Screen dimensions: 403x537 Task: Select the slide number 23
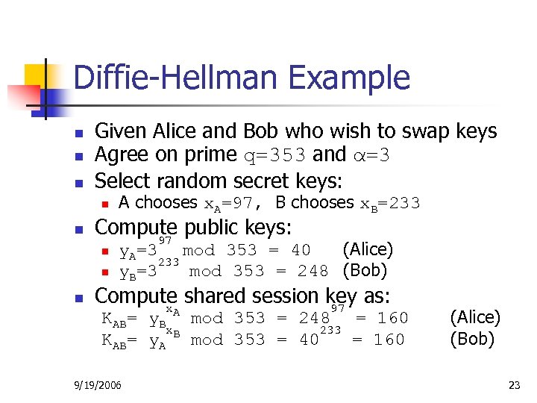click(514, 385)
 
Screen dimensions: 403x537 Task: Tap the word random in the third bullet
click(195, 181)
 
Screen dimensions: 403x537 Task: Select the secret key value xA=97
click(231, 204)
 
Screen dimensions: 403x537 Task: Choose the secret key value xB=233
click(390, 204)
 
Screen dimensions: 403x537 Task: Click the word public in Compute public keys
click(217, 227)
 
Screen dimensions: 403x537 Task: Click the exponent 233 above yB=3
click(169, 262)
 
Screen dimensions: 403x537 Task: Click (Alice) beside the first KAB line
click(474, 317)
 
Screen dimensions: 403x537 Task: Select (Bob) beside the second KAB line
click(471, 340)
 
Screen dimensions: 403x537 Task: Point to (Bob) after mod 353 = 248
click(365, 270)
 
